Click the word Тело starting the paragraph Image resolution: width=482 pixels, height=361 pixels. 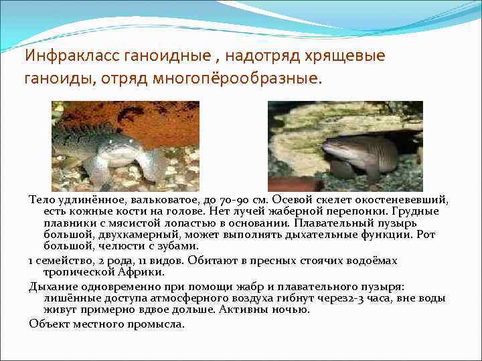41,200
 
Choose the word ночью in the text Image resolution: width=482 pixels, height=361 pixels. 292,309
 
